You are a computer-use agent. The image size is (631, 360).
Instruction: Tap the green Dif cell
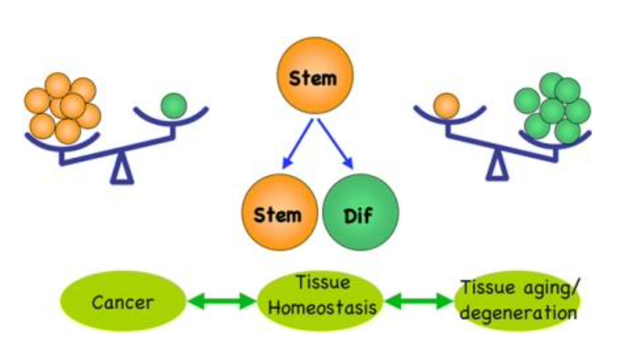(360, 213)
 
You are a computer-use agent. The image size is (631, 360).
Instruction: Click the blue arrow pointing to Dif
(336, 143)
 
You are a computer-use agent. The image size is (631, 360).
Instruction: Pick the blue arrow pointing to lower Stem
(298, 143)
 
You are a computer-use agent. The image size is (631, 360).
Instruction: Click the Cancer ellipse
(123, 302)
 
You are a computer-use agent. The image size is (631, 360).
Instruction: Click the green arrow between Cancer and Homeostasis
(222, 302)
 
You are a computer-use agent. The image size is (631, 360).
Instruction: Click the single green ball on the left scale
(173, 105)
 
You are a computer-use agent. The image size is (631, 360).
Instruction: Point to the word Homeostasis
(323, 309)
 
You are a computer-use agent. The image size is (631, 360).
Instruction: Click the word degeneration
(518, 313)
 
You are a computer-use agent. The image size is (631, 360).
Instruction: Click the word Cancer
(123, 302)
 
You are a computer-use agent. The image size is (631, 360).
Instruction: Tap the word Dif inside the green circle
(358, 215)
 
